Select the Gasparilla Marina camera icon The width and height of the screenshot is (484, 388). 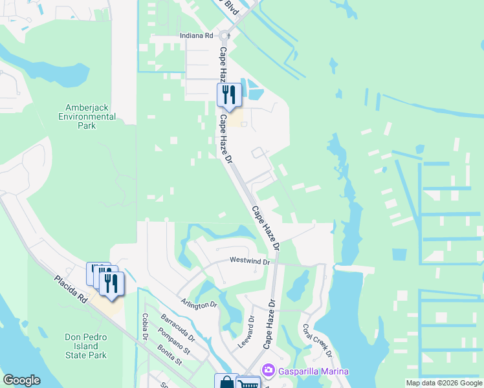[269, 371]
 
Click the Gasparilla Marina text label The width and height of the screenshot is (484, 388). [314, 371]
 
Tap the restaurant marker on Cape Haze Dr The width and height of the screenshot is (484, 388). [228, 95]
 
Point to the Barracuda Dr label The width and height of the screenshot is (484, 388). [178, 328]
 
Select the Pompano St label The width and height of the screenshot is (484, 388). [174, 341]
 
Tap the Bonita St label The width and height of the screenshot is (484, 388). [170, 356]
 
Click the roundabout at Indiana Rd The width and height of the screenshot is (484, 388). [225, 36]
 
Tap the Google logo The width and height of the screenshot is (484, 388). [21, 380]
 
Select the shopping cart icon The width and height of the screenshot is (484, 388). [248, 383]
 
